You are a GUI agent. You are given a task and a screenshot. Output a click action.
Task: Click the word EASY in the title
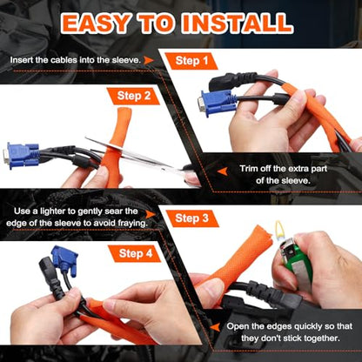96,23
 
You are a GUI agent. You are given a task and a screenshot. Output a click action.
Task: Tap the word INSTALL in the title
237,23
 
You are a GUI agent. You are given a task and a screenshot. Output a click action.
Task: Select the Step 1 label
191,61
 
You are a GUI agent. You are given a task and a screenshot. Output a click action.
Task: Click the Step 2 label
134,96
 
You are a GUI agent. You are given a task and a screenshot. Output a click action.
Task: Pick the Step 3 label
191,218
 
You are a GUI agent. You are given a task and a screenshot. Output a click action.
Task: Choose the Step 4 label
136,253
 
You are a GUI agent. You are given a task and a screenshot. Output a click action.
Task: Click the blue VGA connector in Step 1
218,104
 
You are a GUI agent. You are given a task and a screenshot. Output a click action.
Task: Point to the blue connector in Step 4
65,260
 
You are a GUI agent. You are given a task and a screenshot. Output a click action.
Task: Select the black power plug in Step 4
51,277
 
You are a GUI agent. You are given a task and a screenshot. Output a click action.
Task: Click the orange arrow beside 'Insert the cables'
149,60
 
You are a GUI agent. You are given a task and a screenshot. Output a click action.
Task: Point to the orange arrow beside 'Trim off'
223,171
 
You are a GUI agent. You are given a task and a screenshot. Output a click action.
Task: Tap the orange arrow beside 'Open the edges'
215,327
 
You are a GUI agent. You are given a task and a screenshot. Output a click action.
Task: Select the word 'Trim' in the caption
249,169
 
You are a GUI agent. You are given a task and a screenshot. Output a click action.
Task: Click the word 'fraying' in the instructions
132,224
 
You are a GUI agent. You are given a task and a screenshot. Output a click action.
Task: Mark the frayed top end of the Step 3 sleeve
263,232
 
